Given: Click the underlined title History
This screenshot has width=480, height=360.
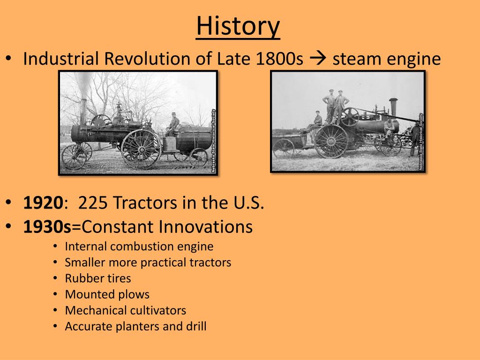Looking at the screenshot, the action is [x=238, y=26].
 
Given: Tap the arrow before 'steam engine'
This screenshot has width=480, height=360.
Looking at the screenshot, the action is [x=318, y=58].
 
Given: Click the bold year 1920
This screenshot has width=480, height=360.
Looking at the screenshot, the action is [x=43, y=202].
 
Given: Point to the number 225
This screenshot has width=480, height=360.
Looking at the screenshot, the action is [x=93, y=202].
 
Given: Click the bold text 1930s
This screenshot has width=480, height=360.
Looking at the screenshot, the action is [x=47, y=226].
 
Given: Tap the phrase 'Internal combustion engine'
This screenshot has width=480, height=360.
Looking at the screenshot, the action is [x=139, y=247].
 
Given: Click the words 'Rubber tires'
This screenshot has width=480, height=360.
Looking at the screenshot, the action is [x=97, y=278].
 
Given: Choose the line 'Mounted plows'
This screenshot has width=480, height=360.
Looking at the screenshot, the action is [x=107, y=294].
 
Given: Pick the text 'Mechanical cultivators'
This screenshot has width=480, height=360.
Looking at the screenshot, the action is [x=126, y=310].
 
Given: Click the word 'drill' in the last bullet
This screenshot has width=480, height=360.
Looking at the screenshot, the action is [x=196, y=326].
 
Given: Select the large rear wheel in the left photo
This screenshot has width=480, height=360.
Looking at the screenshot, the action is [x=141, y=149].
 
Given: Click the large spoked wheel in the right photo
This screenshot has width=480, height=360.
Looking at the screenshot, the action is [x=331, y=141].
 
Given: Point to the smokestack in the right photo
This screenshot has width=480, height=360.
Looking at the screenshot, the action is [x=393, y=107].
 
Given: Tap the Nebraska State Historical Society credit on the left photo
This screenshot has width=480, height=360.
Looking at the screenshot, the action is [x=213, y=141].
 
